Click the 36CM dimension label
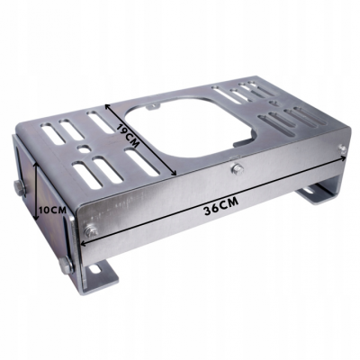tap(221, 206)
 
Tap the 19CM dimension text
tap(128, 135)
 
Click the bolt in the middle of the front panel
tap(238, 169)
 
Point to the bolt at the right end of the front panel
tap(342, 148)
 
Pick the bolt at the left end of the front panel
tap(90, 231)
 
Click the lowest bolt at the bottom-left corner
tap(66, 265)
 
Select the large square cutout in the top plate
tap(191, 128)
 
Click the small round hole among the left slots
tap(83, 148)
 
